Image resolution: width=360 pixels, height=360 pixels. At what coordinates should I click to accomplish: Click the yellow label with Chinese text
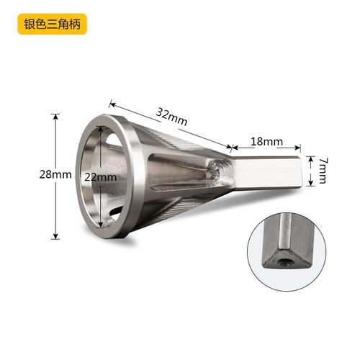(52, 22)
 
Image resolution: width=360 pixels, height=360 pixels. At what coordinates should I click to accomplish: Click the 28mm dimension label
(56, 175)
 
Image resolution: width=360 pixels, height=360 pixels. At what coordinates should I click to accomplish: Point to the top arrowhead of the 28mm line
(55, 114)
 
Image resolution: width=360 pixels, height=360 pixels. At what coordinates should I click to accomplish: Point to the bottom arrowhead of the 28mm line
(55, 237)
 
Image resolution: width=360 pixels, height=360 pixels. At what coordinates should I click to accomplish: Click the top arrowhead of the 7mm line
(311, 156)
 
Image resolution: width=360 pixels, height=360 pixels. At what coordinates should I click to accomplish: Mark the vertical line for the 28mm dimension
(55, 209)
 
